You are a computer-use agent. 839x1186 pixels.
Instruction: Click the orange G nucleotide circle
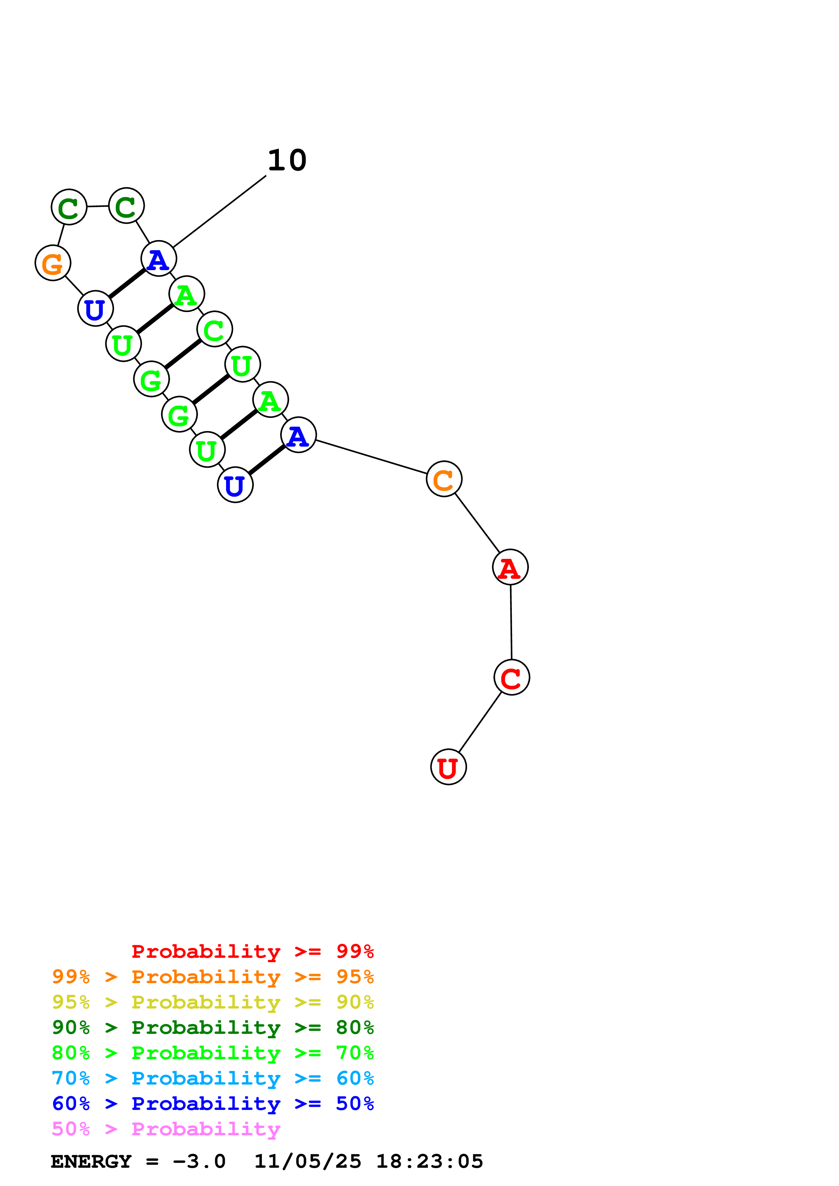(53, 263)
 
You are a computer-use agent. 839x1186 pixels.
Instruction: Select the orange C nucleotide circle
(444, 479)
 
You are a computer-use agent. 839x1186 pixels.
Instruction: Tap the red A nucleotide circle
(510, 567)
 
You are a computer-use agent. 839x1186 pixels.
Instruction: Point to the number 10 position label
(287, 160)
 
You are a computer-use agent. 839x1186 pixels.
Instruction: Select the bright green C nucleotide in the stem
(215, 329)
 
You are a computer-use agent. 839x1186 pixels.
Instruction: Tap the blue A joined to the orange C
(298, 435)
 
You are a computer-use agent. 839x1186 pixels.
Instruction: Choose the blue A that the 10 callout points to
(159, 258)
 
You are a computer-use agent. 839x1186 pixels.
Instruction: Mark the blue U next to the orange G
(95, 308)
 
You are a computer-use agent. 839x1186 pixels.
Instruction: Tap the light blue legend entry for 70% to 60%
(213, 1078)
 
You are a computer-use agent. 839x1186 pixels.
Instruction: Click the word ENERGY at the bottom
(91, 1161)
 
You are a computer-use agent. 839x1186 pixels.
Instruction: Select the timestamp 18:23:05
(429, 1161)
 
